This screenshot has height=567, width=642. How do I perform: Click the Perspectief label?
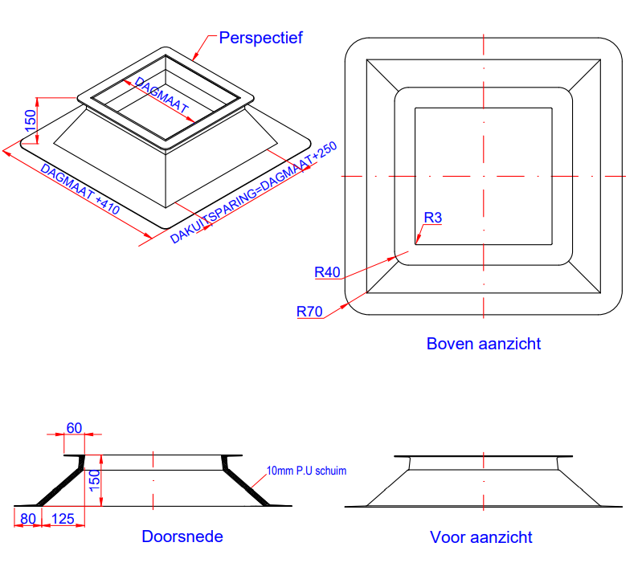pyautogui.click(x=260, y=38)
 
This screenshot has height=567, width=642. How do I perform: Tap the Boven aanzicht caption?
pyautogui.click(x=484, y=344)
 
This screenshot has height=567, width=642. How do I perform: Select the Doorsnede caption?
pyautogui.click(x=182, y=536)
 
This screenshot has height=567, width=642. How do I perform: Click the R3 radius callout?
pyautogui.click(x=433, y=218)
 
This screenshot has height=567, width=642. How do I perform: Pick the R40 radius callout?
pyautogui.click(x=328, y=272)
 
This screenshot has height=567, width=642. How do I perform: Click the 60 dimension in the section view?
pyautogui.click(x=74, y=427)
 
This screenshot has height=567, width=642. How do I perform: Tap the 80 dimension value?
pyautogui.click(x=28, y=519)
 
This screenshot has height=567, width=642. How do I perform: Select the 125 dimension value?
pyautogui.click(x=63, y=519)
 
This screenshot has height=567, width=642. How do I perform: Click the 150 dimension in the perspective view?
pyautogui.click(x=31, y=120)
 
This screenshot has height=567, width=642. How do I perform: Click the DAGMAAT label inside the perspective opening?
pyautogui.click(x=162, y=95)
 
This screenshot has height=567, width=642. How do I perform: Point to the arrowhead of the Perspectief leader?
pyautogui.click(x=195, y=59)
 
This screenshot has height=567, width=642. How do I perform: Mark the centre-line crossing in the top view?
pyautogui.click(x=484, y=176)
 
